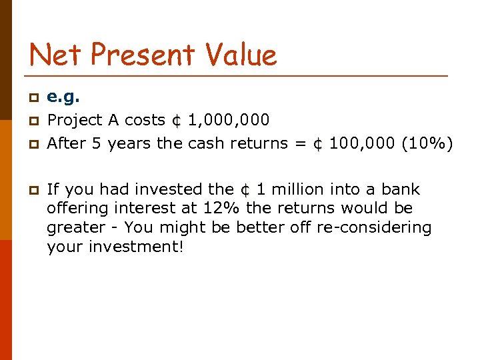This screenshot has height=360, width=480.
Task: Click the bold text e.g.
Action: tap(63, 97)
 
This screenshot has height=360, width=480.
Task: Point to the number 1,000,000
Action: tap(229, 120)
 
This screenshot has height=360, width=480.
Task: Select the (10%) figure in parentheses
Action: tap(427, 143)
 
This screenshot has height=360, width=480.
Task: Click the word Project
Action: tap(74, 120)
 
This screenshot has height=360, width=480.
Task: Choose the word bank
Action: tap(401, 189)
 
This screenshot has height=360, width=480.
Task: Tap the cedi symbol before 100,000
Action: tap(319, 143)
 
